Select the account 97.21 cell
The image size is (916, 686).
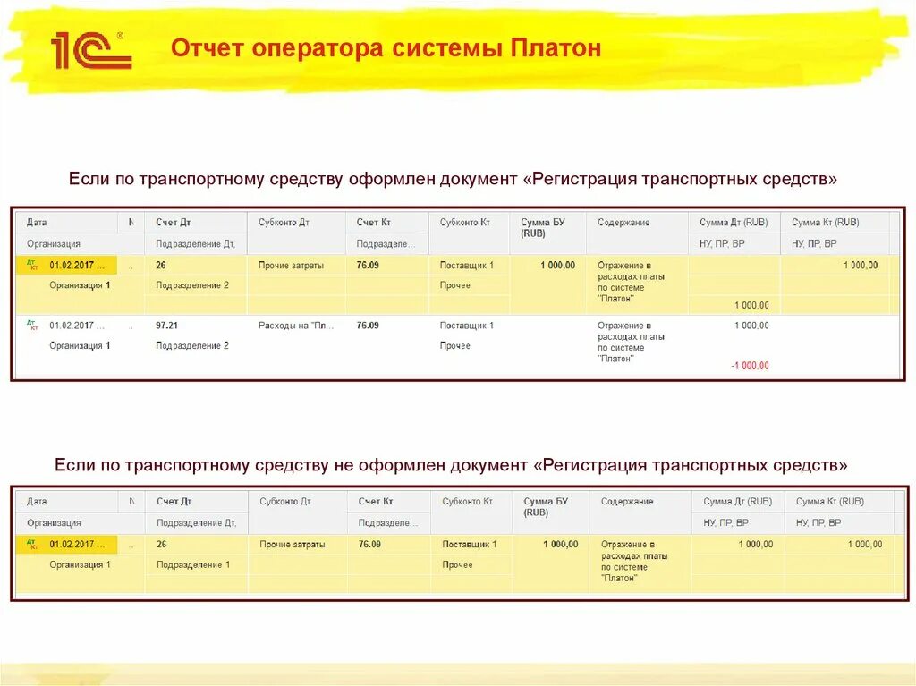coord(166,326)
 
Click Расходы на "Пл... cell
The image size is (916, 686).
coord(296,326)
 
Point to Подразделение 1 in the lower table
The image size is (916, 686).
coord(193,564)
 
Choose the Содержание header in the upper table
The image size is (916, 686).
coord(623,223)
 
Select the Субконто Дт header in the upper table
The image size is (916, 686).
coord(284,223)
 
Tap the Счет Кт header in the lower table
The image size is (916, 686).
coord(376,502)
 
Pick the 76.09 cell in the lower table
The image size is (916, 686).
coord(369,544)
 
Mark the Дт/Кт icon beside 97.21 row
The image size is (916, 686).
coord(32,326)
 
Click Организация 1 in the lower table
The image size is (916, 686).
coord(80,564)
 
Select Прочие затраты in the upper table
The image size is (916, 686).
coord(291,266)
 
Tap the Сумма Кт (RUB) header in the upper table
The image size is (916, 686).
coord(825,223)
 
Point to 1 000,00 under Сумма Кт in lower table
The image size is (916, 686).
coord(864,544)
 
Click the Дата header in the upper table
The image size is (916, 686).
coord(37,223)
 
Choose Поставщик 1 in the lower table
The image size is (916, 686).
coord(469,544)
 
